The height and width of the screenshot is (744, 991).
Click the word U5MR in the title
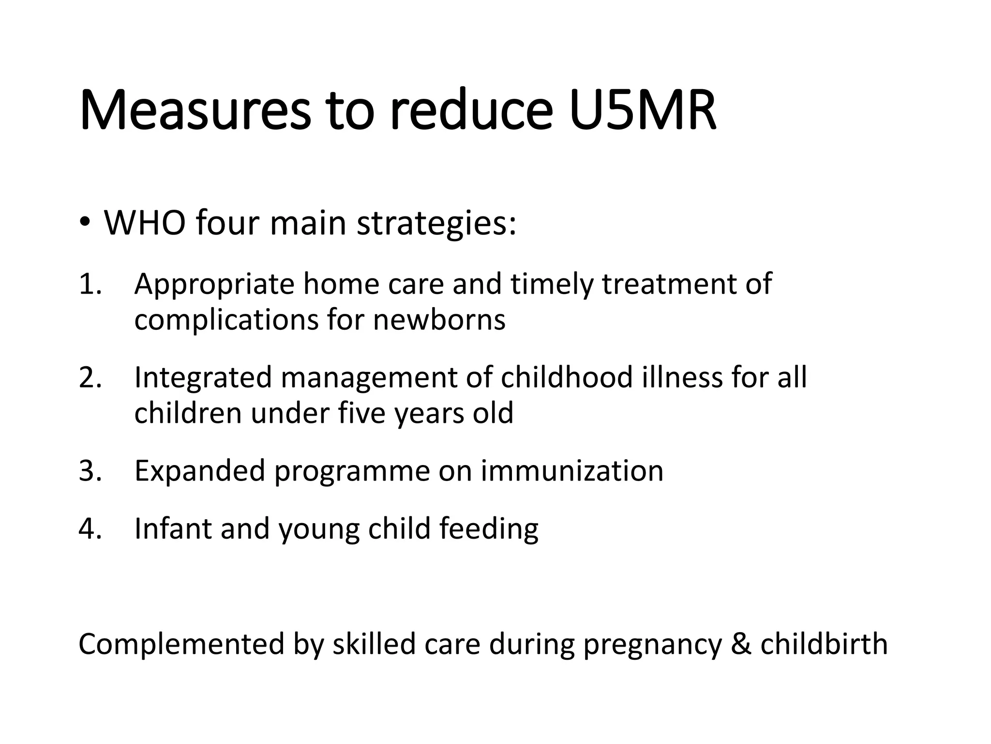click(643, 110)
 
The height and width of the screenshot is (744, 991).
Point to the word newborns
click(439, 320)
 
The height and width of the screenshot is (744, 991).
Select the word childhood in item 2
click(567, 378)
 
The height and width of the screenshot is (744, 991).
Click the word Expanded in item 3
click(200, 471)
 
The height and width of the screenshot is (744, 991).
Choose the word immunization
click(572, 471)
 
